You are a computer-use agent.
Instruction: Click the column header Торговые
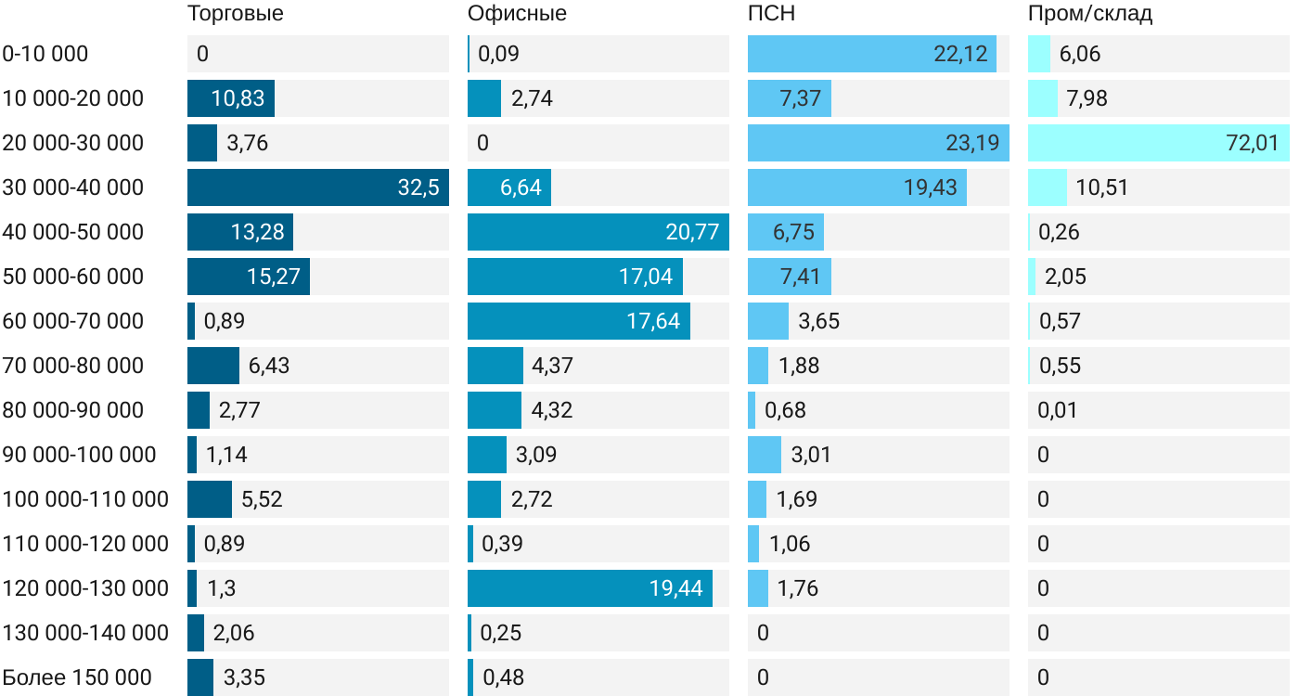pos(235,14)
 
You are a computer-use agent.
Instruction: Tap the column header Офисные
pos(517,14)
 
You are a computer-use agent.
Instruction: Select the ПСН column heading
pos(771,14)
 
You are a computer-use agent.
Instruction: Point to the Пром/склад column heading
pos(1090,14)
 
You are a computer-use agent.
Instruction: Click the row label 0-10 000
pos(45,54)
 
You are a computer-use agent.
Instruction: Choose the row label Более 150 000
pos(77,677)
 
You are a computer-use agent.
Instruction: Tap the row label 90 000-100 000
pos(79,455)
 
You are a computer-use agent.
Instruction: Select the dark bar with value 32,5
pos(317,187)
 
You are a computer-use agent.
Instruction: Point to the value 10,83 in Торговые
pos(238,98)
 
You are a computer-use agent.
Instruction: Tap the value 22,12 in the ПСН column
pos(960,54)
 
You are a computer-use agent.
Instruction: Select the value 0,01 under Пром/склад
pos(1059,410)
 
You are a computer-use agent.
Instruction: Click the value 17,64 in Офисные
pos(653,321)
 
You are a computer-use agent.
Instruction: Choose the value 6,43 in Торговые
pos(269,366)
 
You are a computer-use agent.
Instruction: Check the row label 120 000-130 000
pos(85,588)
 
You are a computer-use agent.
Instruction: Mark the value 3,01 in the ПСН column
pos(811,455)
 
